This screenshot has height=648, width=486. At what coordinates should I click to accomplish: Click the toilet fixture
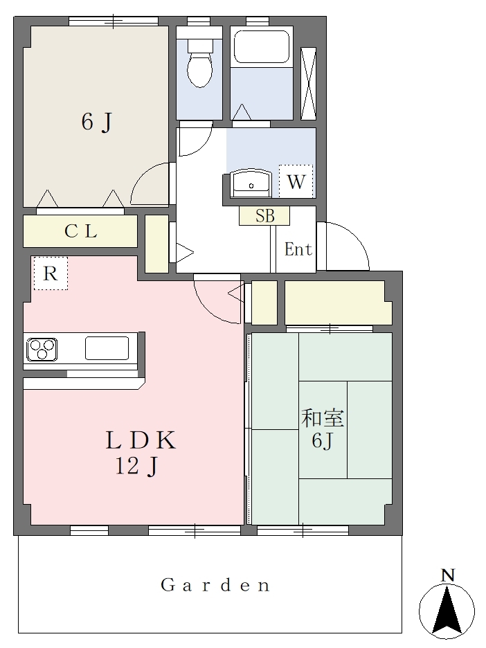(x=200, y=63)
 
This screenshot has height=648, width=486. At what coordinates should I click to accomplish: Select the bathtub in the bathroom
(x=261, y=48)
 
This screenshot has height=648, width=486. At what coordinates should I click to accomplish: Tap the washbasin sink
(x=251, y=183)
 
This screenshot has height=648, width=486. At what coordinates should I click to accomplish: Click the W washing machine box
(x=296, y=181)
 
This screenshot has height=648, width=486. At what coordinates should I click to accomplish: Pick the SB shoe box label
(x=264, y=216)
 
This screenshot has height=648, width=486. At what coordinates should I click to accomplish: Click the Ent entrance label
(x=298, y=249)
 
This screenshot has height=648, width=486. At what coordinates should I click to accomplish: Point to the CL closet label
(x=81, y=231)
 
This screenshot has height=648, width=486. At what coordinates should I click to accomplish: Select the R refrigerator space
(x=51, y=273)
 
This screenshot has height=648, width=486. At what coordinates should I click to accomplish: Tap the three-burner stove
(x=42, y=350)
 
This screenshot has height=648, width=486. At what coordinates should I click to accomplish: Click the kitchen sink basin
(x=107, y=348)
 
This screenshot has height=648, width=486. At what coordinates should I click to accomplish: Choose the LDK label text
(x=141, y=440)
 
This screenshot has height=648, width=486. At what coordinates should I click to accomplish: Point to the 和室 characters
(x=323, y=418)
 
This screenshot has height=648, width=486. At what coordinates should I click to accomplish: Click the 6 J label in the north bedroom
(x=97, y=122)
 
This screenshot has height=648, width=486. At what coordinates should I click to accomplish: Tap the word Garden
(x=215, y=585)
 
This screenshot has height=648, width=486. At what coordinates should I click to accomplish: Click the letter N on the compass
(x=448, y=575)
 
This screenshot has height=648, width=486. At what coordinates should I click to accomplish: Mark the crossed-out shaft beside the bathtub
(x=308, y=84)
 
